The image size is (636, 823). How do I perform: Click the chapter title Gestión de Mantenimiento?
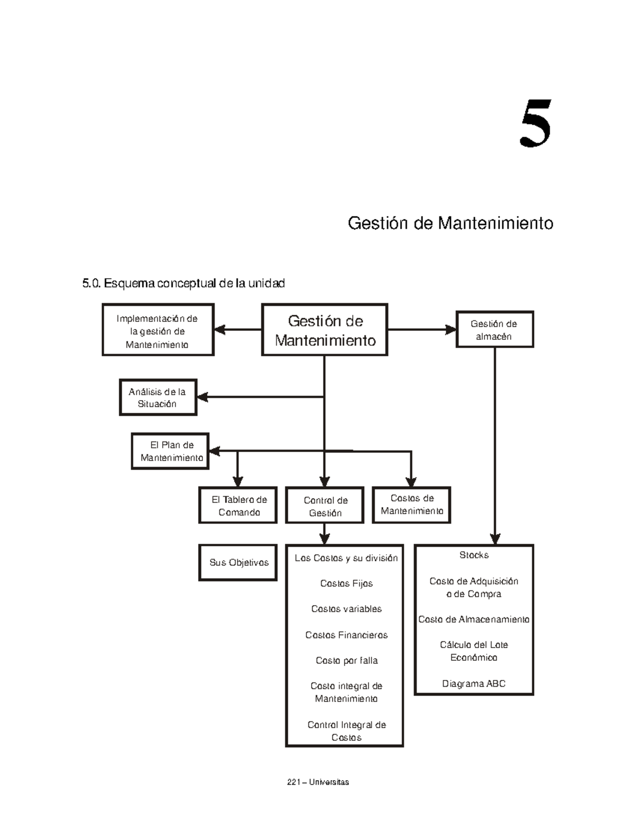(450, 223)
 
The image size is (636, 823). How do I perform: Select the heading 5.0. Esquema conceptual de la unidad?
(183, 284)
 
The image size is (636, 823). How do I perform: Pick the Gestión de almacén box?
(494, 330)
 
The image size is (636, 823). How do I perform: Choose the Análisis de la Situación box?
(157, 397)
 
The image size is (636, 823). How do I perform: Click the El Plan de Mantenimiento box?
(171, 452)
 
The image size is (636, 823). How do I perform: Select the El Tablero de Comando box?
(238, 506)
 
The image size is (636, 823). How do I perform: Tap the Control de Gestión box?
(325, 506)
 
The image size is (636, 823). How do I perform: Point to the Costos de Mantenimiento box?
(412, 505)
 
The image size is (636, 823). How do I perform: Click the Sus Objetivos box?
(238, 563)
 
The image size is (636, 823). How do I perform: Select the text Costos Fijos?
(346, 583)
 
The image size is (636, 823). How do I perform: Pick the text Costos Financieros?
(346, 635)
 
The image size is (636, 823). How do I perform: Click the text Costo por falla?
(346, 660)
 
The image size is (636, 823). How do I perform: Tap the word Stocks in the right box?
(474, 555)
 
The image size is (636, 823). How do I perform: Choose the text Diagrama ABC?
(474, 684)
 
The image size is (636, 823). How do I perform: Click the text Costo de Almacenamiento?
(474, 620)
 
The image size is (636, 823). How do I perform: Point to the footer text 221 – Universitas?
(317, 782)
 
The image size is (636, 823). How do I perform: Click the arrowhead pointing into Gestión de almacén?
(451, 330)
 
